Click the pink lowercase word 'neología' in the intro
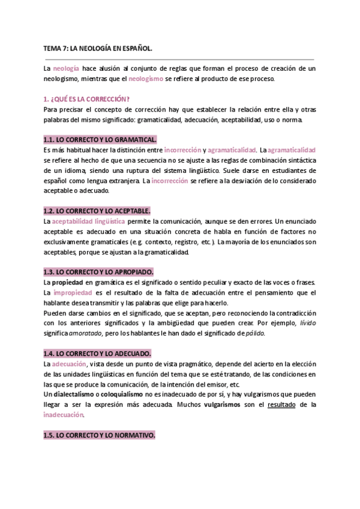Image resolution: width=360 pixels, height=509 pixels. point(65,69)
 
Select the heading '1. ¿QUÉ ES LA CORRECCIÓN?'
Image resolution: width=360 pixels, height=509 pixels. point(87,99)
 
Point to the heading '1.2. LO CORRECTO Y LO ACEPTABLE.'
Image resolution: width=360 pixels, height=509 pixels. point(97,211)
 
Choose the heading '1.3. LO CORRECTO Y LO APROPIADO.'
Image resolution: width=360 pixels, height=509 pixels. point(99,272)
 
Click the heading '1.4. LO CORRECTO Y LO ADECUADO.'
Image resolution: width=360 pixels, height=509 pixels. point(97,353)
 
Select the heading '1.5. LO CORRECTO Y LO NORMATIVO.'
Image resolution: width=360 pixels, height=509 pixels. point(100,435)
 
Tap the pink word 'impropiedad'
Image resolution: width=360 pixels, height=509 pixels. point(73,292)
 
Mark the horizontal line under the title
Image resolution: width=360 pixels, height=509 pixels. point(179,60)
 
